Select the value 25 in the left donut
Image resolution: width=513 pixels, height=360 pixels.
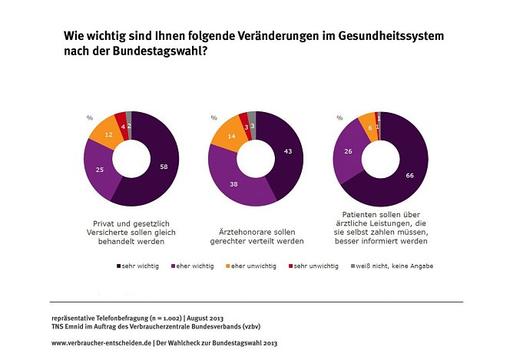click(99, 169)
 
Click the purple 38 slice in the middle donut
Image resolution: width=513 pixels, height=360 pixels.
click(235, 184)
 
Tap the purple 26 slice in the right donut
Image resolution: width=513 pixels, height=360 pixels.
click(349, 152)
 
